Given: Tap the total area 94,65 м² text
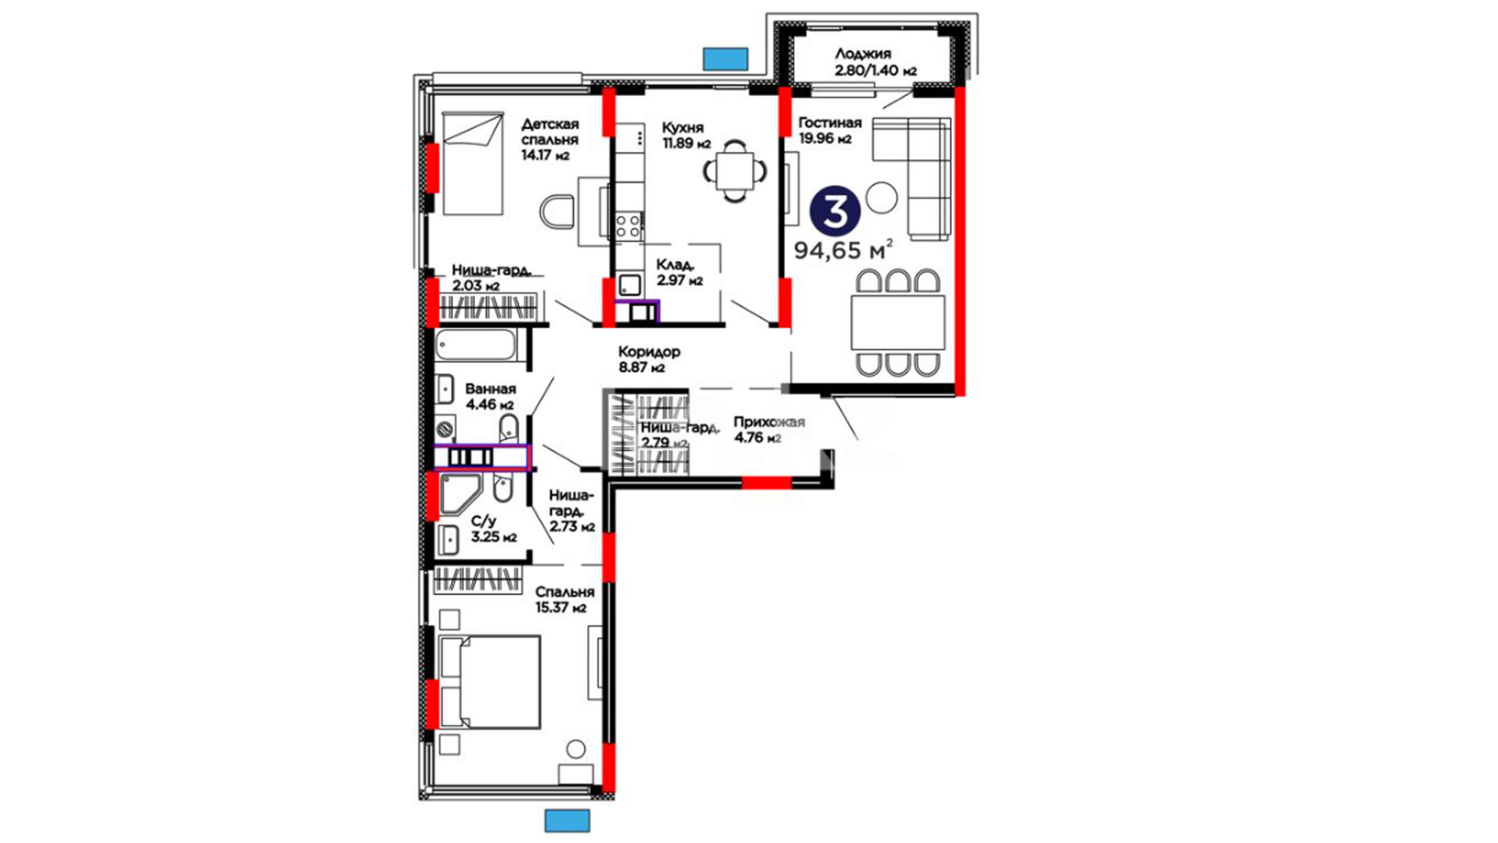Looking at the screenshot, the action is pyautogui.click(x=843, y=250).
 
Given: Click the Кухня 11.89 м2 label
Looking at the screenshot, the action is pyautogui.click(x=686, y=135).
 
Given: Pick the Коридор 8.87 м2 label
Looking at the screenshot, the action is pyautogui.click(x=649, y=360).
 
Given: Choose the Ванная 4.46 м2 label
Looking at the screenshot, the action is pyautogui.click(x=490, y=397).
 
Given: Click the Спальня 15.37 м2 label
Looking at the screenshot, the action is pyautogui.click(x=565, y=599).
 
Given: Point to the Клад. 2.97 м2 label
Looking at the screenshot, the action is pyautogui.click(x=680, y=272).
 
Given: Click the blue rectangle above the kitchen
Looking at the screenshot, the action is pyautogui.click(x=726, y=59).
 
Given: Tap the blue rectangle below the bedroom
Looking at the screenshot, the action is pyautogui.click(x=567, y=821).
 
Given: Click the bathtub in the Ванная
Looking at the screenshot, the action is pyautogui.click(x=476, y=344).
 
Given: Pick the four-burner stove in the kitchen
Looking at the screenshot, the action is pyautogui.click(x=629, y=225).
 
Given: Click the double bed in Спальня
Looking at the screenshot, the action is pyautogui.click(x=490, y=682).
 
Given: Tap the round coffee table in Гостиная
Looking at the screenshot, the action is pyautogui.click(x=882, y=197).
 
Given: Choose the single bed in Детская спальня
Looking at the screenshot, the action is pyautogui.click(x=473, y=163).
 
